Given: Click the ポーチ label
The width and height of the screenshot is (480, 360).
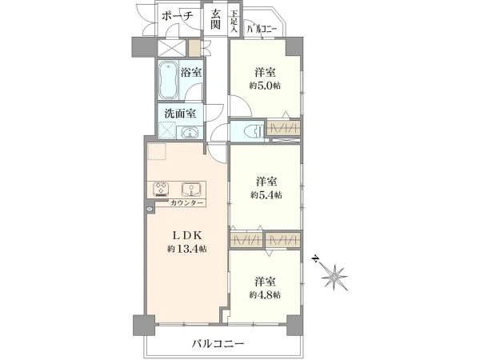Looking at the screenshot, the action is [x=178, y=15].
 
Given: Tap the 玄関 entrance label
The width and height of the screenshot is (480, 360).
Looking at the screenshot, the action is [x=216, y=19].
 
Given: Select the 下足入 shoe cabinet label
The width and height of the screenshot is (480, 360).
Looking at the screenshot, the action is [x=234, y=22].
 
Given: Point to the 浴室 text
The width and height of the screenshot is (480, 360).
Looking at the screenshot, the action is [x=190, y=72].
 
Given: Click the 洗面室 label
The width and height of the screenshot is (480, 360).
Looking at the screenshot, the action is [x=180, y=114].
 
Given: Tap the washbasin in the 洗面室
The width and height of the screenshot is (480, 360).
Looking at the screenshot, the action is [x=190, y=133].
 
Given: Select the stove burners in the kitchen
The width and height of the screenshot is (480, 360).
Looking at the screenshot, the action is [x=161, y=189].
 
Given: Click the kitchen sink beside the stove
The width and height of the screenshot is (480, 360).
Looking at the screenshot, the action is [x=191, y=190].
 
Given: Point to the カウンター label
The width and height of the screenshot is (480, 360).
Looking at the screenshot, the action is [x=186, y=202].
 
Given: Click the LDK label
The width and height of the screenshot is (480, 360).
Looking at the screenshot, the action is [x=186, y=235].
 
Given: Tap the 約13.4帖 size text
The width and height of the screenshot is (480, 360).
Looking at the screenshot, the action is [x=186, y=249].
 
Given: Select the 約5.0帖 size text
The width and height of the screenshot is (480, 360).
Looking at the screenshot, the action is [x=265, y=86].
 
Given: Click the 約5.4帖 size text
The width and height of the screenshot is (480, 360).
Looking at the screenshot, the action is [x=266, y=194].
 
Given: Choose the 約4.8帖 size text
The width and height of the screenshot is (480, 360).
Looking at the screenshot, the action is [x=265, y=294].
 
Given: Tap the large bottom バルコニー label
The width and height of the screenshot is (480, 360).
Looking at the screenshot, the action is [x=218, y=344].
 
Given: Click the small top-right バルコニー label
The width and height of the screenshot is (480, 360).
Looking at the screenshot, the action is [x=262, y=29].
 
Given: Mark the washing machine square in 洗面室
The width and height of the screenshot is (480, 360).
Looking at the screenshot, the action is [x=167, y=130].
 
